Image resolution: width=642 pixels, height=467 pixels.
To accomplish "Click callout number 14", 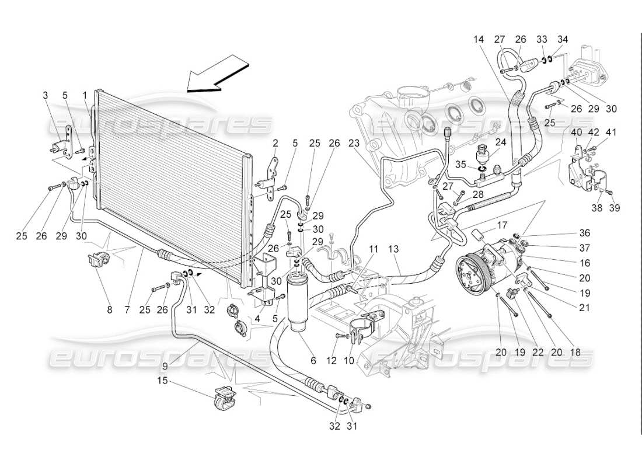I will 479,40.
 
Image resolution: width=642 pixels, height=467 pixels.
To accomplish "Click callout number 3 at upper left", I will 46,94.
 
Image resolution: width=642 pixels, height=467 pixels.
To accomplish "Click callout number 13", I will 394,249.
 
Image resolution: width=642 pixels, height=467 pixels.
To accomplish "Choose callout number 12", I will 331,361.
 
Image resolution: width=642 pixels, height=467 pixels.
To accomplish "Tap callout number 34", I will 563,40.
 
